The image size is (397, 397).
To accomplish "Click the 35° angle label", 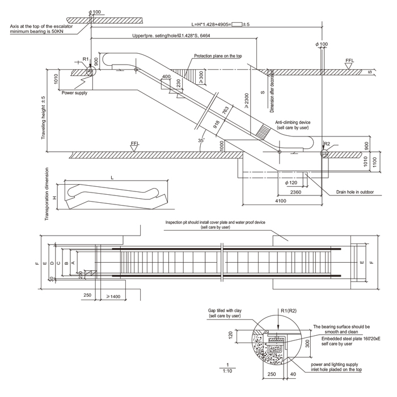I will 200,138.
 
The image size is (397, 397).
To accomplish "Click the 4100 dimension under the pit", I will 281,201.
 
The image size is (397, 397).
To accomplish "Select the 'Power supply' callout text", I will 74,92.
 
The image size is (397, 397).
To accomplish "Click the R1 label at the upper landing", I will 85,59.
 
